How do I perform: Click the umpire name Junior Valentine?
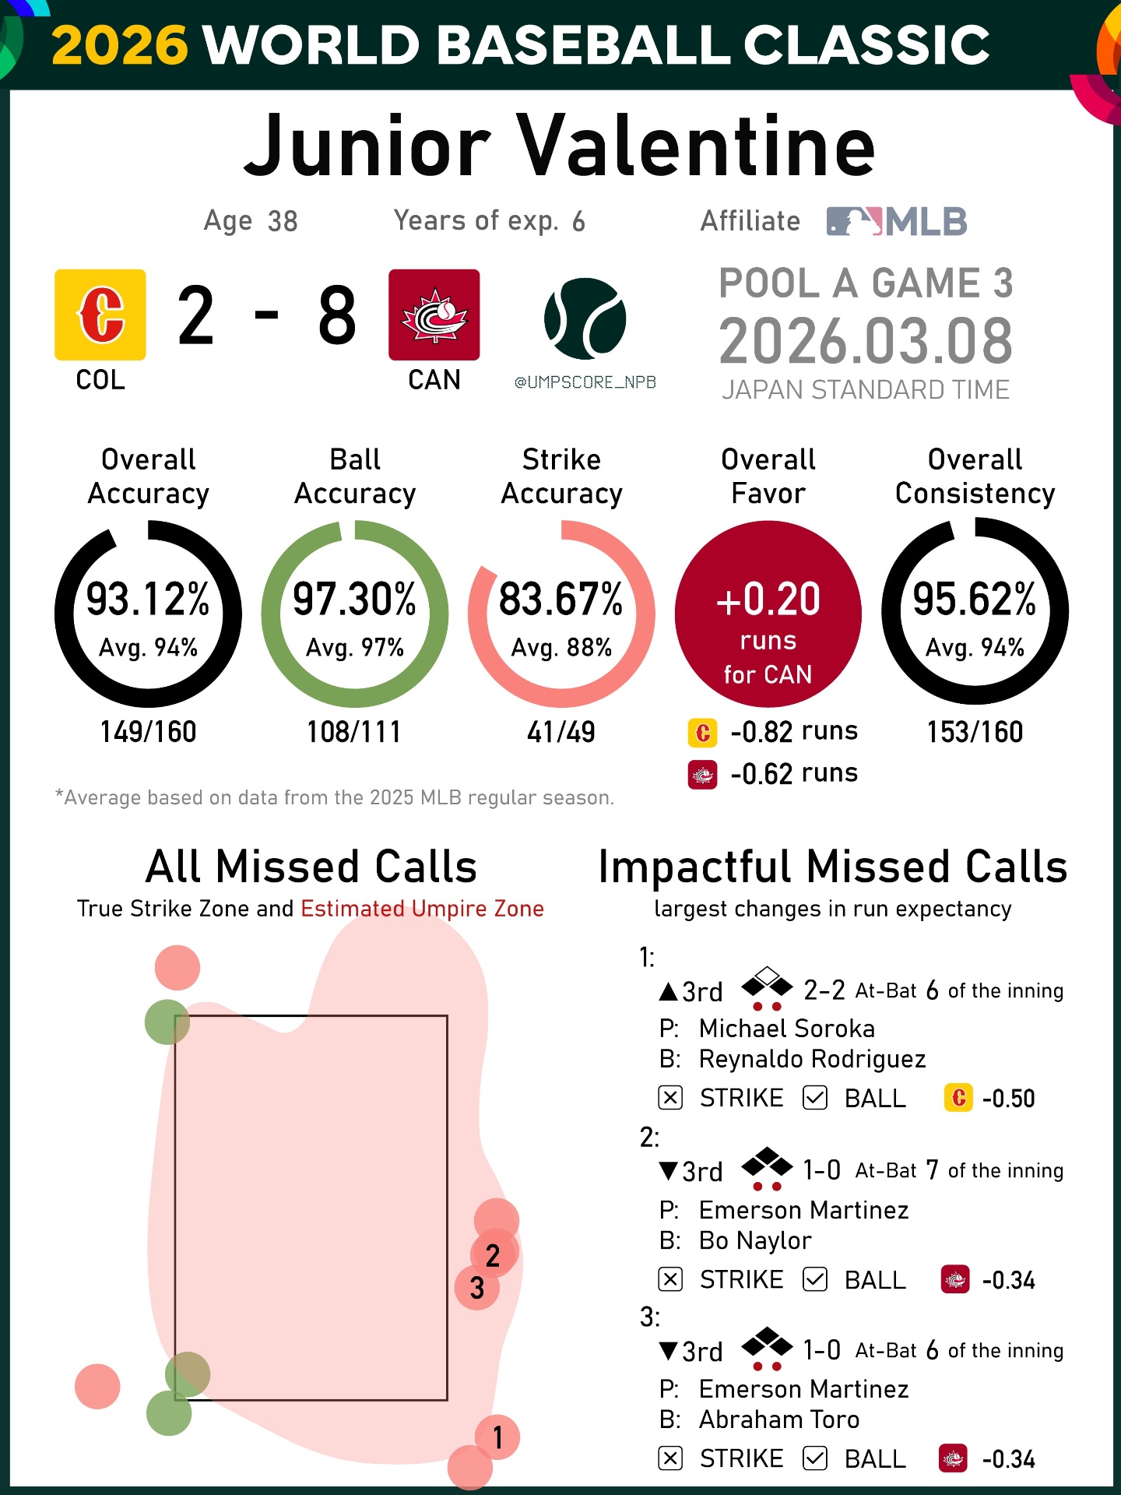click(559, 146)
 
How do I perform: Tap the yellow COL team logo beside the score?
click(100, 315)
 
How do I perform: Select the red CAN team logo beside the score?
click(434, 315)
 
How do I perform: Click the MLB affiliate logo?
click(897, 221)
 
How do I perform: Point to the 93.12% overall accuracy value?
click(148, 599)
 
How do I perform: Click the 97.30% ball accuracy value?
click(355, 599)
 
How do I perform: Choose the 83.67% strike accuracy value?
click(561, 599)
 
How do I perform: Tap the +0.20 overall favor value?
click(768, 599)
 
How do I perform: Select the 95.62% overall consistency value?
click(975, 599)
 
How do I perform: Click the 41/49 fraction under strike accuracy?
click(561, 732)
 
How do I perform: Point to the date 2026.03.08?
click(866, 341)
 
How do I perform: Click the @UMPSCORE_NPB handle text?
click(585, 382)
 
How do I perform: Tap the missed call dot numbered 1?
click(497, 1437)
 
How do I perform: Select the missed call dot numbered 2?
click(493, 1254)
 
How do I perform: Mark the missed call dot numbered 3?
click(477, 1288)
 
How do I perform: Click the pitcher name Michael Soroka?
click(787, 1029)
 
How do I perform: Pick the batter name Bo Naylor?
click(755, 1240)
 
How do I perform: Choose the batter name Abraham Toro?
click(779, 1419)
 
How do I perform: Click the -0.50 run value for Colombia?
click(1009, 1099)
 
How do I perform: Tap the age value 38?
click(283, 222)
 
